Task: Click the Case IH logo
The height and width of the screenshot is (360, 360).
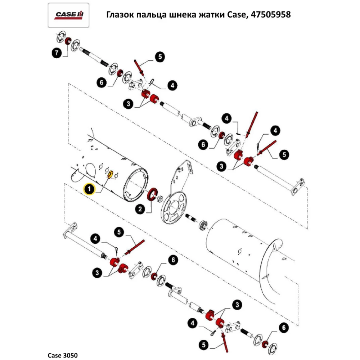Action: click(69, 15)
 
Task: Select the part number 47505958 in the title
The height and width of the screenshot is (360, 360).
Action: click(270, 15)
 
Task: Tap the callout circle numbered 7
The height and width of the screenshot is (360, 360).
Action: click(56, 54)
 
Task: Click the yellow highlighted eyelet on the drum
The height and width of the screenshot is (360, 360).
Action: click(111, 174)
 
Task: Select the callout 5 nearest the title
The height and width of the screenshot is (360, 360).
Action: click(160, 57)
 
